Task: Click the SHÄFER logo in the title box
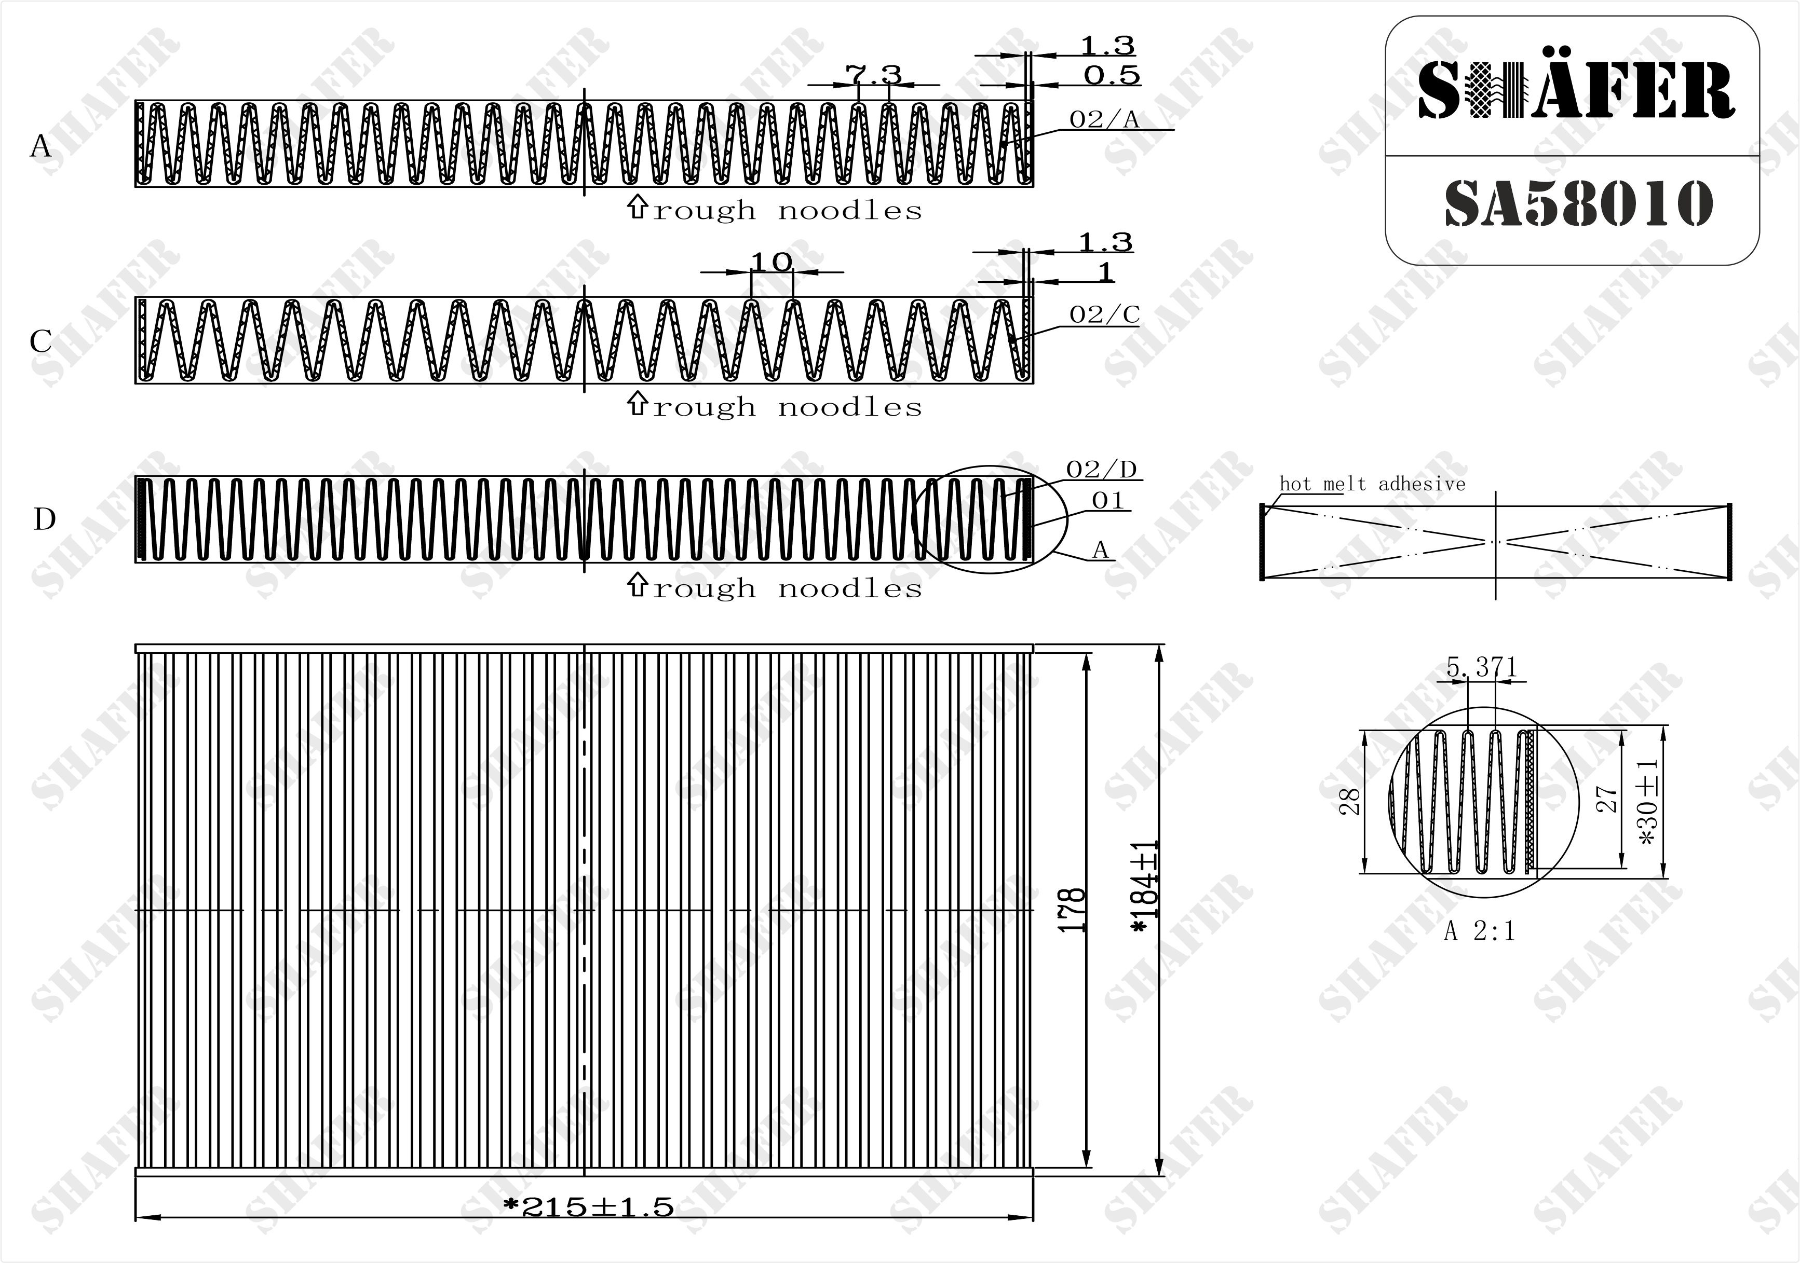pyautogui.click(x=1576, y=90)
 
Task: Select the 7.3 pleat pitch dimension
pyautogui.click(x=873, y=74)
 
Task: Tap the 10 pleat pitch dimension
pyautogui.click(x=772, y=262)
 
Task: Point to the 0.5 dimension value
pyautogui.click(x=1112, y=75)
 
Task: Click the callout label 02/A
pyautogui.click(x=1104, y=119)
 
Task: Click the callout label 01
pyautogui.click(x=1108, y=500)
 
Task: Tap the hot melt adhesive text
pyautogui.click(x=1372, y=484)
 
